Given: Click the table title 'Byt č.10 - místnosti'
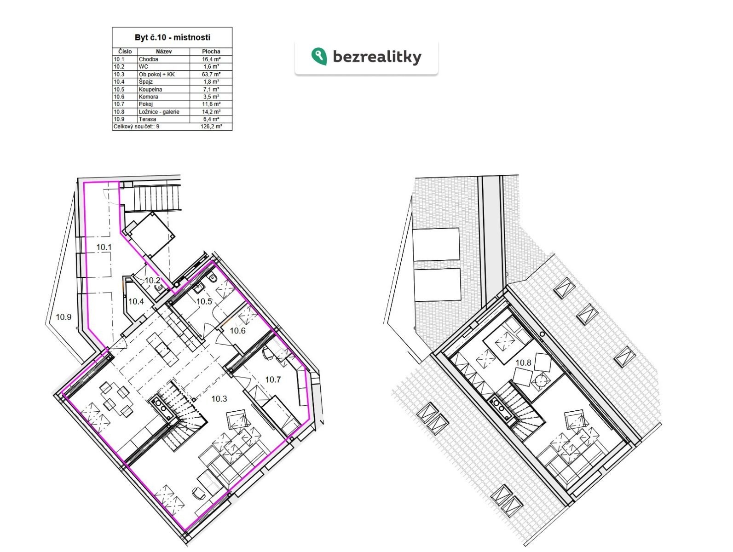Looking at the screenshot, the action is click(172, 37).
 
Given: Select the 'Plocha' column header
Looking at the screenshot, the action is click(211, 52).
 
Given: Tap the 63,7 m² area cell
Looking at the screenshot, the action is click(211, 75).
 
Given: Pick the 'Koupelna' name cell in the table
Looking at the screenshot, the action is click(150, 89).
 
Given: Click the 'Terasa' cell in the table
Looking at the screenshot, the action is click(147, 119).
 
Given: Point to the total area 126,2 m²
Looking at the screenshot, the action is click(211, 126).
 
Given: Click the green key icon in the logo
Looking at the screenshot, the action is click(319, 56).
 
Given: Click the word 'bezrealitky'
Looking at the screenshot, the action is click(377, 57).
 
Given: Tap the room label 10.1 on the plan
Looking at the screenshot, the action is click(104, 247).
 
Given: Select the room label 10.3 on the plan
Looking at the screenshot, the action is click(219, 399).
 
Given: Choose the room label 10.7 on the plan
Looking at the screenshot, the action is click(273, 379).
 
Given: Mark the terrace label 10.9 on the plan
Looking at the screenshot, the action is click(63, 317).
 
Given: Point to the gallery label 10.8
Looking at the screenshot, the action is click(523, 362).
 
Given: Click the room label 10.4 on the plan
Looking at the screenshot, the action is click(136, 302).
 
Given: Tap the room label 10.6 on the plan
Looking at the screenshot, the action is click(238, 331).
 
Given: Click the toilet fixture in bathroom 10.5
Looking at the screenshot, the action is click(214, 278).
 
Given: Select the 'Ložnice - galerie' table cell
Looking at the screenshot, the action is click(159, 112).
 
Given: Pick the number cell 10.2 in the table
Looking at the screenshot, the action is click(119, 67).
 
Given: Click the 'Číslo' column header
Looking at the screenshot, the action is click(125, 52).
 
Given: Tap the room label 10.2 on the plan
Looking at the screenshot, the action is click(152, 281).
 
